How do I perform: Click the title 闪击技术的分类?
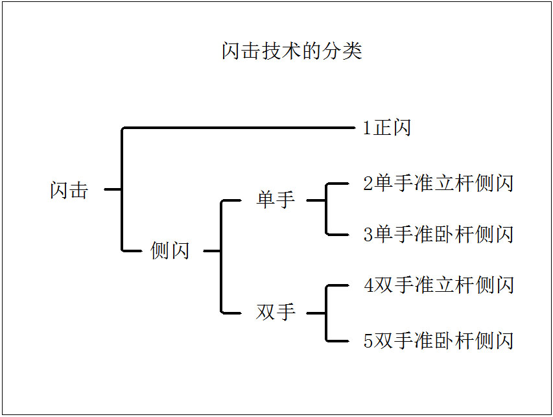(x=292, y=51)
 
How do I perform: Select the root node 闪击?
(x=69, y=190)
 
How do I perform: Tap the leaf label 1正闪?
(x=387, y=128)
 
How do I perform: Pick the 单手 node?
(x=276, y=200)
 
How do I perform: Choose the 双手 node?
(x=276, y=313)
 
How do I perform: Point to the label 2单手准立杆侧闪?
(x=438, y=184)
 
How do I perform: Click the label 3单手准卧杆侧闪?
(x=438, y=234)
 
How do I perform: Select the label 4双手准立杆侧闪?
(x=438, y=285)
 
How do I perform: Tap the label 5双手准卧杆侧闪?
(x=438, y=340)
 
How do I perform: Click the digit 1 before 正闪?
(x=367, y=128)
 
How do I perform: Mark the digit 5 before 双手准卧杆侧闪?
(x=368, y=341)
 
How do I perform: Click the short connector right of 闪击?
(x=113, y=189)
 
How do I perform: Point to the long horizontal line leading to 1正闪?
(x=240, y=128)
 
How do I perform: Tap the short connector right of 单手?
(x=316, y=200)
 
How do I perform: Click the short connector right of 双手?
(x=316, y=313)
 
